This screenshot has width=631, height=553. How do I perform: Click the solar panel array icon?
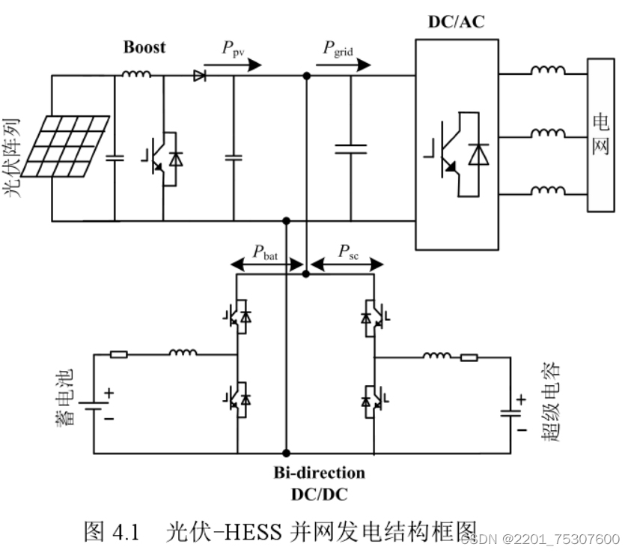tap(66, 147)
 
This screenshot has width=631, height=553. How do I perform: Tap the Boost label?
tap(144, 47)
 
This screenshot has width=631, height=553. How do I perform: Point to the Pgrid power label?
tap(338, 49)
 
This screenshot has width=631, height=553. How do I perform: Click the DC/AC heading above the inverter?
tap(456, 22)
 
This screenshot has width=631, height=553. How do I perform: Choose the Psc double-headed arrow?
tap(347, 265)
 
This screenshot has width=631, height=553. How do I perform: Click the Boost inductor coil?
tap(136, 74)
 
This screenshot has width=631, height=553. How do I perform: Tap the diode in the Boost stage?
tap(199, 75)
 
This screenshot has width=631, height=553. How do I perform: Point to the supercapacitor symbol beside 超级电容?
tap(511, 413)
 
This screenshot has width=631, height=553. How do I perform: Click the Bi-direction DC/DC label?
tap(319, 483)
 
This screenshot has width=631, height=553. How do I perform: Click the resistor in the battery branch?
tap(118, 354)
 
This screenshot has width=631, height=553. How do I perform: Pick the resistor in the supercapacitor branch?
tap(469, 357)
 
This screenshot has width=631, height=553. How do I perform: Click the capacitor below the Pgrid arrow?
tap(350, 148)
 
